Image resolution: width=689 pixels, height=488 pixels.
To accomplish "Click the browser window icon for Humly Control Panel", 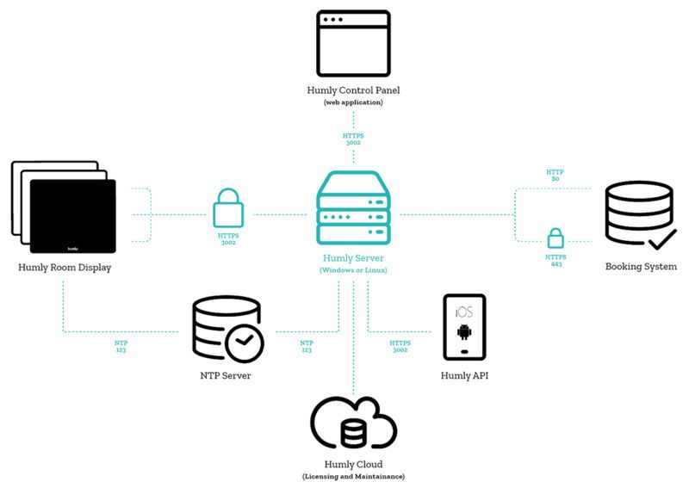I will pos(353,43).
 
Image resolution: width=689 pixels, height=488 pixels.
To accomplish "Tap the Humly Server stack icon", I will pos(353,208).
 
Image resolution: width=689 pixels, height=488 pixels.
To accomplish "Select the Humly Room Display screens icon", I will pos(64,208).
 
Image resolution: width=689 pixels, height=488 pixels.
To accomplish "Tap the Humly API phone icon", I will pos(464,327).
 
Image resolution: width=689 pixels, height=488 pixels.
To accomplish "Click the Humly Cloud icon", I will pos(353,423).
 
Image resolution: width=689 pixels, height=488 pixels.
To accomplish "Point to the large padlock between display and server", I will pos(228,209).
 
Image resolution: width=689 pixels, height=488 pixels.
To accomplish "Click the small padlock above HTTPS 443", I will pos(556,238).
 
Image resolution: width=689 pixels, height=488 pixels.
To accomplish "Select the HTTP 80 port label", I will pos(556,176).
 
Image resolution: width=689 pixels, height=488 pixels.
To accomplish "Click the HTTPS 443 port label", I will pos(556,260).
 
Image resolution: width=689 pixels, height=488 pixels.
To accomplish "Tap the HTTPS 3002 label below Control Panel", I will pos(353,139).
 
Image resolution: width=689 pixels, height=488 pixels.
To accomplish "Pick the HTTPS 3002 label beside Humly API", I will pos(400,346).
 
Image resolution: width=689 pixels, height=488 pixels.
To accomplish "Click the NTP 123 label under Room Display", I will pos(121,346).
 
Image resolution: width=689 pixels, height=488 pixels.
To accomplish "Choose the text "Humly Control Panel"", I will pos(353,90).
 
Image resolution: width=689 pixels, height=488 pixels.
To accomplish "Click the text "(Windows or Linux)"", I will pos(353,270).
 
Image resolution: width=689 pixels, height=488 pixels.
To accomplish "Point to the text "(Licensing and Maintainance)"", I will pos(353,476).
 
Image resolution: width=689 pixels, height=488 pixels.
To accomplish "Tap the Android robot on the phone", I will pos(464,332).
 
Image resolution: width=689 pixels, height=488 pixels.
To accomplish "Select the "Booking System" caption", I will pos(641,267).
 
